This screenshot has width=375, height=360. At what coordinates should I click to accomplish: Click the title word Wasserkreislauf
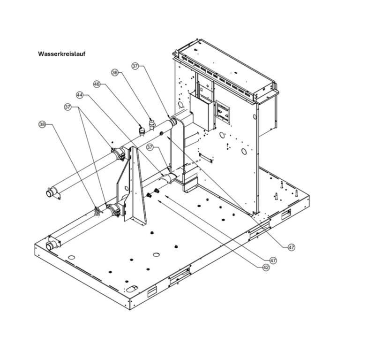point(61,54)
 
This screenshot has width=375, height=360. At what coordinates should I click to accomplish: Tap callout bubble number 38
point(42,124)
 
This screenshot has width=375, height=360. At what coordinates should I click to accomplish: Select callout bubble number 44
point(80,95)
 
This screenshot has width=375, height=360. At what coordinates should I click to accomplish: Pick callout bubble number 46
point(97,84)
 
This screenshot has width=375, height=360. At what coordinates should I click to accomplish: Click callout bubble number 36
point(115,72)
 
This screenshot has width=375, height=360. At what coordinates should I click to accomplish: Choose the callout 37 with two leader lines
point(68,107)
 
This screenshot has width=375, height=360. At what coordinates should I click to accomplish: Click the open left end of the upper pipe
point(49,193)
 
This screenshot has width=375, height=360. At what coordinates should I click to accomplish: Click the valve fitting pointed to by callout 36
point(151,124)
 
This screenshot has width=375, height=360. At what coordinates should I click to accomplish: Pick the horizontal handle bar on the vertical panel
point(206,157)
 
